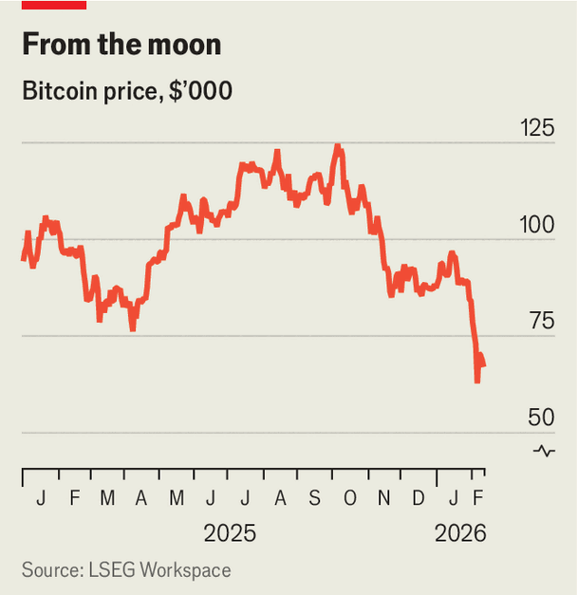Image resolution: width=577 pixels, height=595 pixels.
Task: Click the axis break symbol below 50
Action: coord(544,451)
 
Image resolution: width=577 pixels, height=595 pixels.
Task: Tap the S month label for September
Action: coord(315,498)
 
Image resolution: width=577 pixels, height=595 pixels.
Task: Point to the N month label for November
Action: coord(383,498)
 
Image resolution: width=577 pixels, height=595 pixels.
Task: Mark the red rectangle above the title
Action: coord(54,5)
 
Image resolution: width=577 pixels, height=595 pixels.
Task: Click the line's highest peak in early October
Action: coord(337,146)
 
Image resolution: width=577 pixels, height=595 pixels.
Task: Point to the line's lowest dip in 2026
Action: coord(477,381)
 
